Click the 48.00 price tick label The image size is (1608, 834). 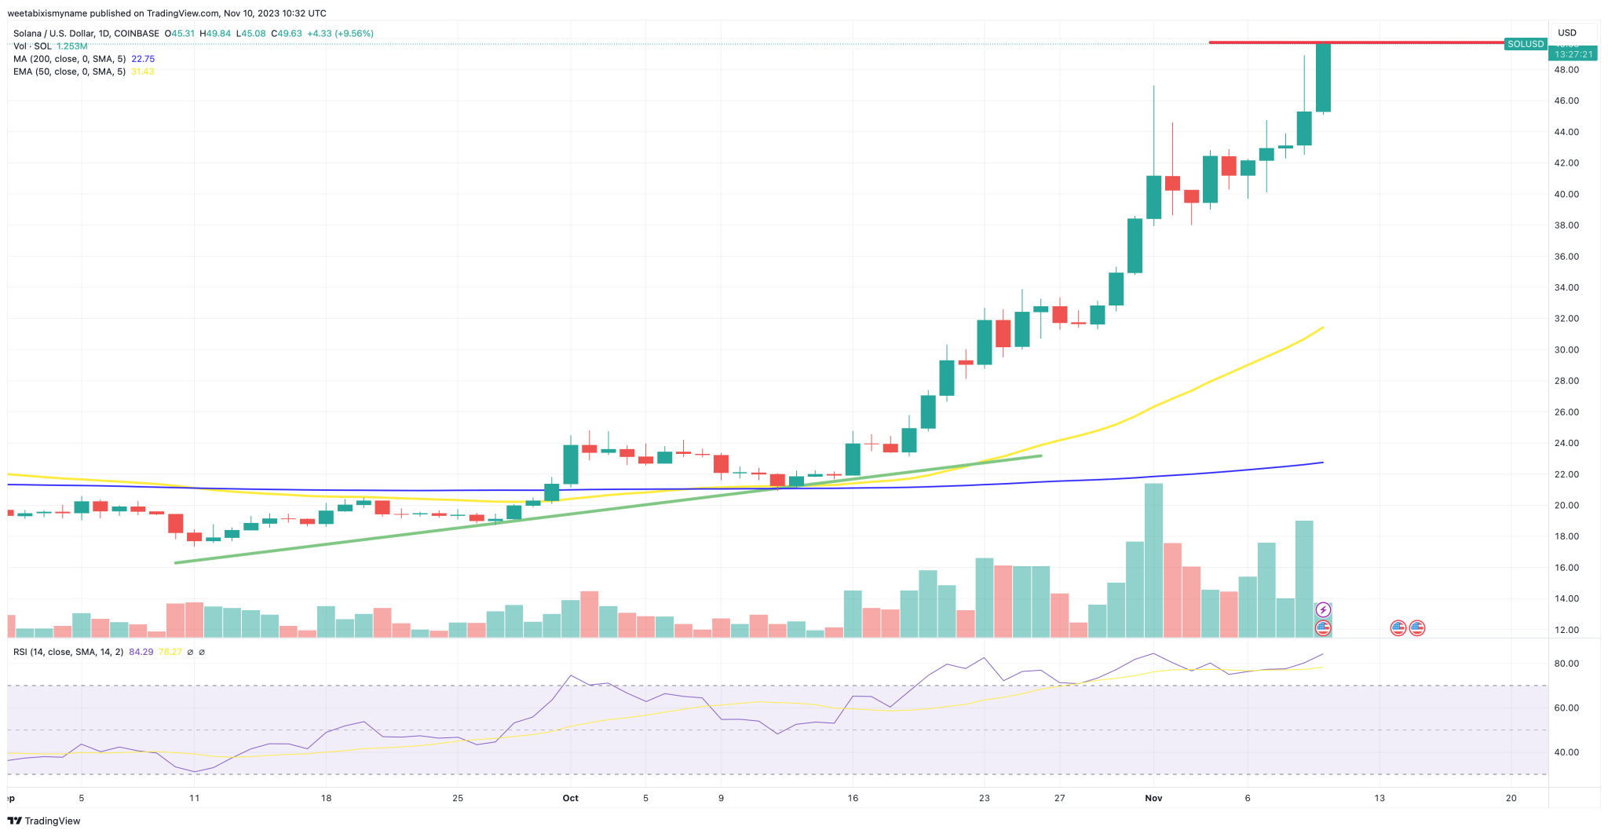coord(1566,70)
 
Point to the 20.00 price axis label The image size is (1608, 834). coord(1566,506)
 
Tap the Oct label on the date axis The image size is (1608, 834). coord(570,798)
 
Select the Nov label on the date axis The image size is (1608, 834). coord(1153,798)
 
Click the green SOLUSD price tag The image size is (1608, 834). coord(1526,44)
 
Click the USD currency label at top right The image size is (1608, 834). coord(1566,33)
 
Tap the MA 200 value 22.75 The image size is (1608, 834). coord(143,59)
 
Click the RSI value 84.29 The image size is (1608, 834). coord(141,652)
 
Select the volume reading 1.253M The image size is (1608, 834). coord(72,46)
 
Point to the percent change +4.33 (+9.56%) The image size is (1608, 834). coord(340,34)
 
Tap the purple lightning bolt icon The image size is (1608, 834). coord(1323,610)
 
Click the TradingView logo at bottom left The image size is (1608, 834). coord(45,821)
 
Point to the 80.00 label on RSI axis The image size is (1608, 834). coord(1566,664)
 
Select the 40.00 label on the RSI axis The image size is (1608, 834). coord(1566,752)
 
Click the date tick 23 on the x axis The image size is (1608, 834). coord(984,798)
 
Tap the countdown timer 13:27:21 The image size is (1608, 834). coord(1573,54)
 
